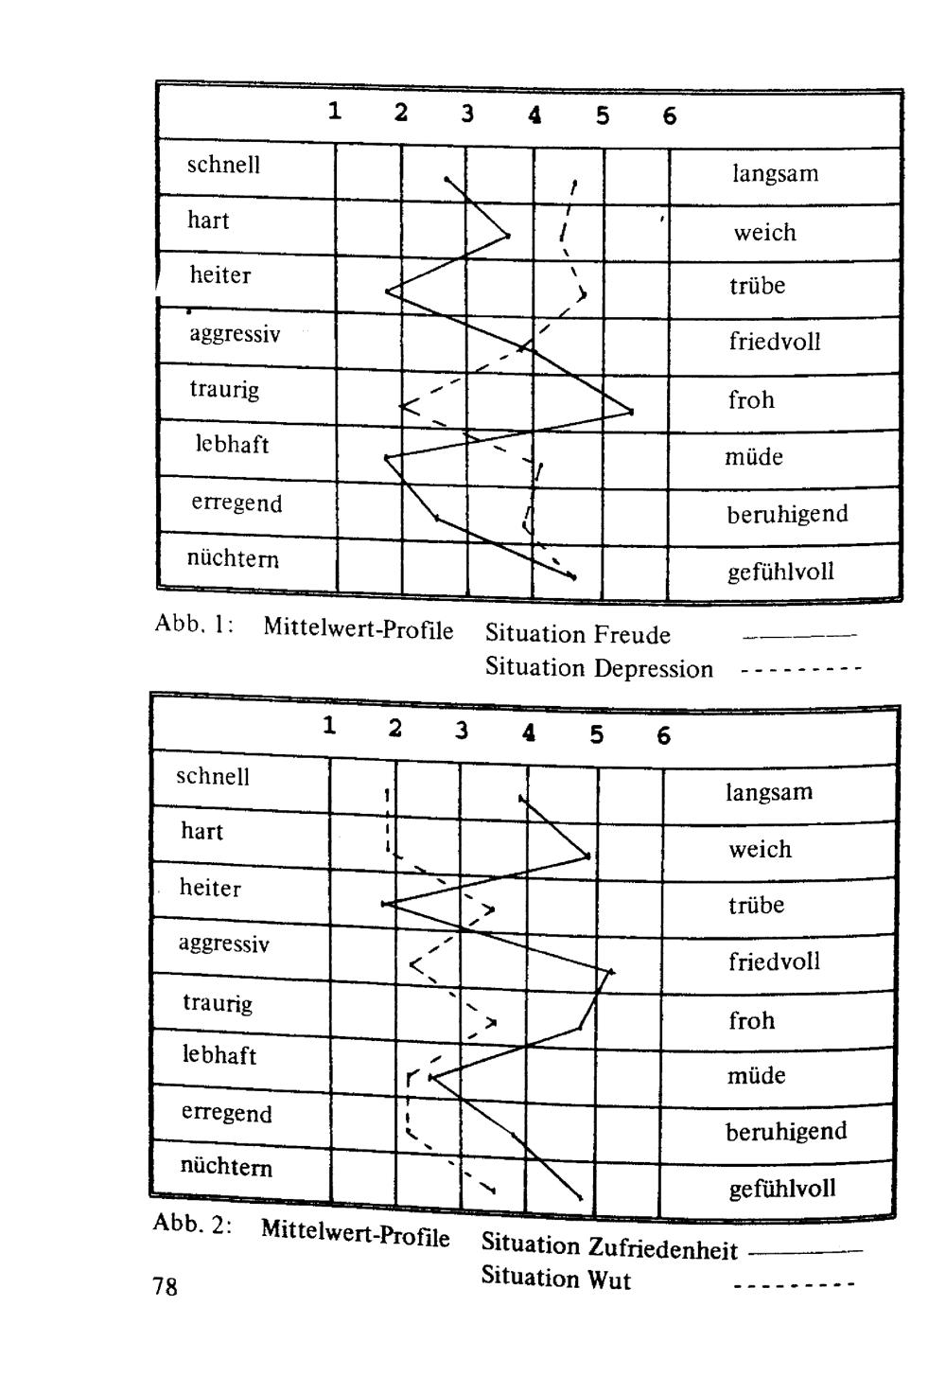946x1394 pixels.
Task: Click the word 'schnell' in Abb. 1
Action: (x=223, y=166)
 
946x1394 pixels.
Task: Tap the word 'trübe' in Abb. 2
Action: (x=756, y=906)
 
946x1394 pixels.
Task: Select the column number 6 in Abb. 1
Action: (x=670, y=116)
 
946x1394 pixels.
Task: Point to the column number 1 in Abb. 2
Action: (x=328, y=727)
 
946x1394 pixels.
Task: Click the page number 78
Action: (x=165, y=1287)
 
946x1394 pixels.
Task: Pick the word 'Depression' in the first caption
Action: (x=653, y=669)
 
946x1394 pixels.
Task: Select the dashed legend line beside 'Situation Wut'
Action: (x=795, y=1286)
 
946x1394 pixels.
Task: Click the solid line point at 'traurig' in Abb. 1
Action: (x=631, y=412)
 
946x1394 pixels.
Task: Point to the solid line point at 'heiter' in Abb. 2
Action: (x=384, y=905)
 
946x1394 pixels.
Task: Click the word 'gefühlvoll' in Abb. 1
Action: (x=780, y=573)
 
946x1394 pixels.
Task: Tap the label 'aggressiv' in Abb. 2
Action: (x=224, y=944)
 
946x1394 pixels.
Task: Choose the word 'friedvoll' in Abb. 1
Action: (x=774, y=342)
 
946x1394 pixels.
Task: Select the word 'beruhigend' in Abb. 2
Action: (x=785, y=1132)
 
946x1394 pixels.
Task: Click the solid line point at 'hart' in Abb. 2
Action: (x=588, y=856)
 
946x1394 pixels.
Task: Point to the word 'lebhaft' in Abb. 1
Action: (x=232, y=444)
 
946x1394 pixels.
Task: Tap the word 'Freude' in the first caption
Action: (x=632, y=635)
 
